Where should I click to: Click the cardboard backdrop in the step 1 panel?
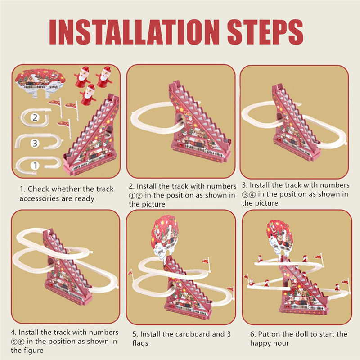coord(39,81)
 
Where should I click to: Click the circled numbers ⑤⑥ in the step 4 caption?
coord(21,341)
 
